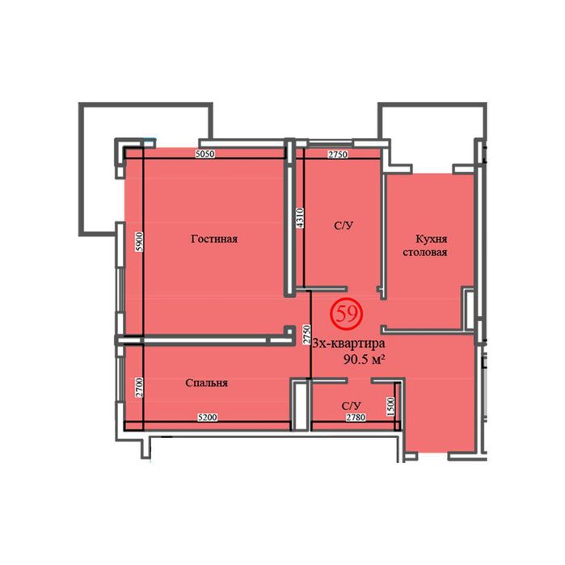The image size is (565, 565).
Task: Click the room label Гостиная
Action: (214, 239)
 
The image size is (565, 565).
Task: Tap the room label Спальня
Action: (206, 382)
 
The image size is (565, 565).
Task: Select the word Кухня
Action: (432, 239)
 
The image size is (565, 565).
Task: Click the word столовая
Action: (425, 252)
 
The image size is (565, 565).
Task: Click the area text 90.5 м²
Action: (363, 359)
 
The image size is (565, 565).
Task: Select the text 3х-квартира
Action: (348, 344)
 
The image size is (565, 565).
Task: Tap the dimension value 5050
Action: (204, 154)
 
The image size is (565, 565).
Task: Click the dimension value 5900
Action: (140, 242)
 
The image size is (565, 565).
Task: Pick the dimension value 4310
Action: (300, 217)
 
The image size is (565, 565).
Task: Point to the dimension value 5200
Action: (208, 417)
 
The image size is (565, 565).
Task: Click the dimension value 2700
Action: (140, 388)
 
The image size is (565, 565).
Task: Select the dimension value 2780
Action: (356, 417)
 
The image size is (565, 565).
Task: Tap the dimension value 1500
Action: (391, 407)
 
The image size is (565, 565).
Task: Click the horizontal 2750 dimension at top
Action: (338, 154)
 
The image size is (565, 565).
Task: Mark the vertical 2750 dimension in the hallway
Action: (306, 335)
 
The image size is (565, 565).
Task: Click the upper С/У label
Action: (344, 226)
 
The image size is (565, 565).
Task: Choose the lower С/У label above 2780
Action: (352, 406)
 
